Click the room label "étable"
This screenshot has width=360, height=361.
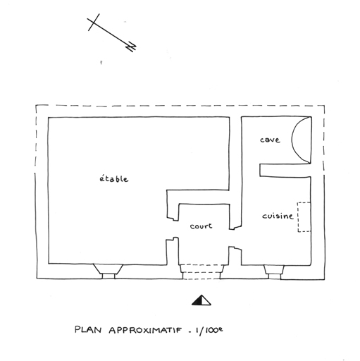pos(114,179)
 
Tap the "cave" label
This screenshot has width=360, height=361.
pos(270,140)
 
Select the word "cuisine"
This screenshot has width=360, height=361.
pos(278,216)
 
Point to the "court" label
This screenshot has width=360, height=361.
pos(201,226)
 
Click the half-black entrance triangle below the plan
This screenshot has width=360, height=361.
pos(201,300)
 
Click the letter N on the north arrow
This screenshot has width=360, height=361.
pos(132,47)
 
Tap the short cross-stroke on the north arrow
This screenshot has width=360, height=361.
pos(94,22)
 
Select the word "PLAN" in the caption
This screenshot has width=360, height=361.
pos(88,329)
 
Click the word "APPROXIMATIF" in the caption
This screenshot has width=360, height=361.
pos(145,330)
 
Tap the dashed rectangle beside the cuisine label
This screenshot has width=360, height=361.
pos(304,217)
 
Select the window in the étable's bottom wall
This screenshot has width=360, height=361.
pos(108,271)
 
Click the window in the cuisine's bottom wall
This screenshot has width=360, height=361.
pos(274,272)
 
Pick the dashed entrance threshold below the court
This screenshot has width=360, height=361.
pos(201,272)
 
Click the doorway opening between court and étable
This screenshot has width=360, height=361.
pos(173,230)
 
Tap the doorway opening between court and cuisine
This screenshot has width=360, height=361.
pos(235,238)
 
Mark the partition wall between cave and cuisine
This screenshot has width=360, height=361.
pos(285,170)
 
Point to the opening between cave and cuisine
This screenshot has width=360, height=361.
pos(251,170)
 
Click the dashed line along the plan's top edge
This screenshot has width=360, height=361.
pos(180,106)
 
